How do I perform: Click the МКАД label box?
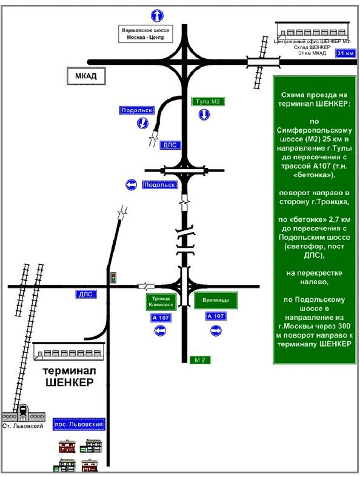pos(86,76)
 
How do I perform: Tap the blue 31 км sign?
pos(345,53)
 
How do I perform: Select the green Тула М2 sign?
pos(208,102)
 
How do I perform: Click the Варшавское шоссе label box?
pos(145,34)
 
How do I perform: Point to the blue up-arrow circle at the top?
pos(157,16)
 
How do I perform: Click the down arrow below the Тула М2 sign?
pos(204,115)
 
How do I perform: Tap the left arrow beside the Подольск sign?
pos(131,185)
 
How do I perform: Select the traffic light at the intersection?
pos(114,277)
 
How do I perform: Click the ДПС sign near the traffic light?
pos(86,294)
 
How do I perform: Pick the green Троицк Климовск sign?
pos(161,302)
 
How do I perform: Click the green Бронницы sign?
pos(216,300)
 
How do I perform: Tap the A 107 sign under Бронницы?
pos(216,316)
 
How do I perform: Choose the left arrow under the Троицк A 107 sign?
pos(160,330)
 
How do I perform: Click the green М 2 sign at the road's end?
pos(199,360)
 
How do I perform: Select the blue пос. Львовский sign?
pos(79,424)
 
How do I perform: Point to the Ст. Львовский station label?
pos(23,426)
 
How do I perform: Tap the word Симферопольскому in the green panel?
pos(315,130)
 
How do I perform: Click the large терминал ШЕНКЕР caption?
pos(69,376)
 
